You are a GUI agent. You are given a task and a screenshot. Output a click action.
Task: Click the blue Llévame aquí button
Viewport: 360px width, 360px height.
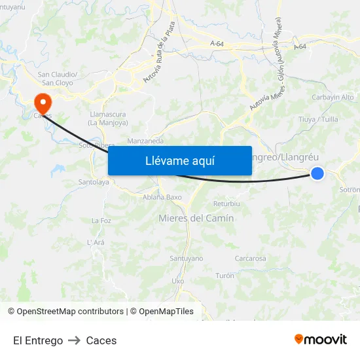[179, 160]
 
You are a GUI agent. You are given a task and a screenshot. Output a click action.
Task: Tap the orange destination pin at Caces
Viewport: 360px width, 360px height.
[43, 102]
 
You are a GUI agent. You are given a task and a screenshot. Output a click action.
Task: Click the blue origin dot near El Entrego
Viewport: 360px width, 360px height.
[317, 173]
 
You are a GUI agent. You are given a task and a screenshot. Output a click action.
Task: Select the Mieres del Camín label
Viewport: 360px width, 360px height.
[196, 219]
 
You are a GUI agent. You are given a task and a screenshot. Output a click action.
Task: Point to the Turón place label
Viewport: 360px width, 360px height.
[225, 276]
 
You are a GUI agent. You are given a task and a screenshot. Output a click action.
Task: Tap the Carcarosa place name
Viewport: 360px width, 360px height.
[250, 259]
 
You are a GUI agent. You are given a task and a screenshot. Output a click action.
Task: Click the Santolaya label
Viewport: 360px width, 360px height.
[94, 182]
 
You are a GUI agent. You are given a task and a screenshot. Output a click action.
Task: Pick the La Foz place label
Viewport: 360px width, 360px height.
[101, 221]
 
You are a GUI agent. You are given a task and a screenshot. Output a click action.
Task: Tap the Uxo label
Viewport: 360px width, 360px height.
[177, 280]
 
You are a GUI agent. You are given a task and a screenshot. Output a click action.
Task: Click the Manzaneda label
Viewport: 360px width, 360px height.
[145, 141]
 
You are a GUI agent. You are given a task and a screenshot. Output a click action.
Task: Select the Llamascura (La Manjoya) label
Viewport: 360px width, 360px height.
[108, 118]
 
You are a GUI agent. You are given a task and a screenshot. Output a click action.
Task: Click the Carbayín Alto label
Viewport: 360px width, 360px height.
[333, 97]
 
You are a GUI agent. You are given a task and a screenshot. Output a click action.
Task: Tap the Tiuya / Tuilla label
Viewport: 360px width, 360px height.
[318, 120]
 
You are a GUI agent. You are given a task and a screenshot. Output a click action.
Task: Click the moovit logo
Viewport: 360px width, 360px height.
[321, 339]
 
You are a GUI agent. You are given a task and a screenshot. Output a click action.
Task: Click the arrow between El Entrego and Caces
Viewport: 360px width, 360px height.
[75, 340]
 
